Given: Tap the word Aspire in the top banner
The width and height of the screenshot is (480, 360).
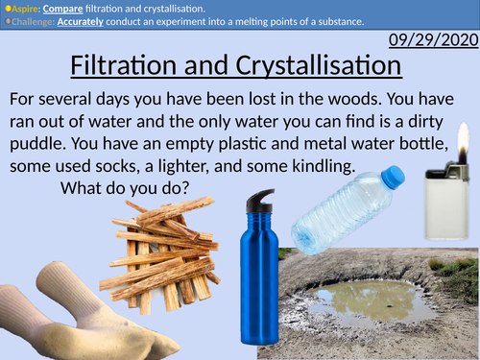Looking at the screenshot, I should coord(25,7).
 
